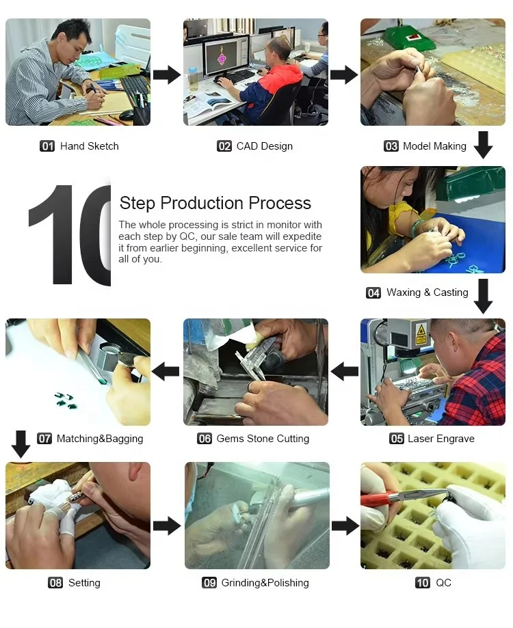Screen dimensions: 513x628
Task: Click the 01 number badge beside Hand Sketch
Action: coord(47,146)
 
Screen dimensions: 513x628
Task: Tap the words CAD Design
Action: coord(265,146)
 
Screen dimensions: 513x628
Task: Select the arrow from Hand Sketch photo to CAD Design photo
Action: coord(167,74)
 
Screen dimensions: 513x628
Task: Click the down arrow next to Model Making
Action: coord(484,145)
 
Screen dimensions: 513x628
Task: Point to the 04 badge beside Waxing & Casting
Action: coord(373,292)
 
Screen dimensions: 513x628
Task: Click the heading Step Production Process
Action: coord(215,203)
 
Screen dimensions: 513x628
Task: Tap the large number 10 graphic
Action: coord(70,234)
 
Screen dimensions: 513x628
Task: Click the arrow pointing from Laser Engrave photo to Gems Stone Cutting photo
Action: coord(345,371)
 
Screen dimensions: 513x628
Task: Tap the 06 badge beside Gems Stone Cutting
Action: coord(205,439)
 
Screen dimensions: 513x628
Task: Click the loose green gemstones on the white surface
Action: coord(66,401)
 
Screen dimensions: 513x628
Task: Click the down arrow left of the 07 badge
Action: coord(21,444)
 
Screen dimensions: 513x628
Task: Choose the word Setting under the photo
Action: coord(84,583)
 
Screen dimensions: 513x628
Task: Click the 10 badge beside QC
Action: coord(423,583)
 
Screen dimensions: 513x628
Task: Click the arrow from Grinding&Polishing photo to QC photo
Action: coord(345,525)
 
